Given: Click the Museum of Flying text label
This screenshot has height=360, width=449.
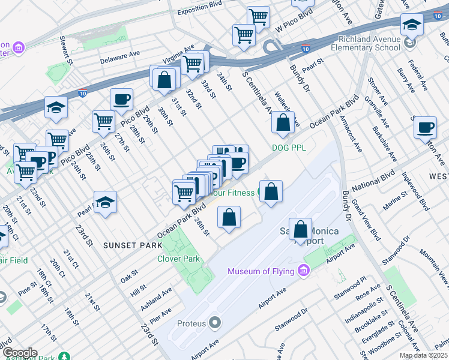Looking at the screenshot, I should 261,271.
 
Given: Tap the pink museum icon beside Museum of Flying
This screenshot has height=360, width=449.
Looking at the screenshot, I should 303,271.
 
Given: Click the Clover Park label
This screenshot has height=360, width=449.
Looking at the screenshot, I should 178,259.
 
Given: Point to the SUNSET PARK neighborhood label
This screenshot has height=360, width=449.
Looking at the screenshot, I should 132,245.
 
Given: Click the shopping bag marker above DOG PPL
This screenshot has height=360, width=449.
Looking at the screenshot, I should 283,123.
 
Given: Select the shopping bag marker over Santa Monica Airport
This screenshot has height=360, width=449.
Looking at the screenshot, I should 300,230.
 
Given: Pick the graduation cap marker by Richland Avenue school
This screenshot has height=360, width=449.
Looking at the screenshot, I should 412,25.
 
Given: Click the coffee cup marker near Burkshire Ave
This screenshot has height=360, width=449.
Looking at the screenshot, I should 425,128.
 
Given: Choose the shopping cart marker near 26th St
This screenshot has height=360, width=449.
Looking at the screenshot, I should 104,122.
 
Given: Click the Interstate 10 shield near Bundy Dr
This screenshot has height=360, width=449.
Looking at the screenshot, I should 306,49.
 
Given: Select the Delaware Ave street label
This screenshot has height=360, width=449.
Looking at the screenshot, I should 119,58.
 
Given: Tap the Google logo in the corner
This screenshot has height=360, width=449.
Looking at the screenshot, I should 20,353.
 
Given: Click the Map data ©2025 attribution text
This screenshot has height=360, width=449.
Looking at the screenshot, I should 424,355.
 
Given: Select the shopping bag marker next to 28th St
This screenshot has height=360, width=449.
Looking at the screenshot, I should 229,218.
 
